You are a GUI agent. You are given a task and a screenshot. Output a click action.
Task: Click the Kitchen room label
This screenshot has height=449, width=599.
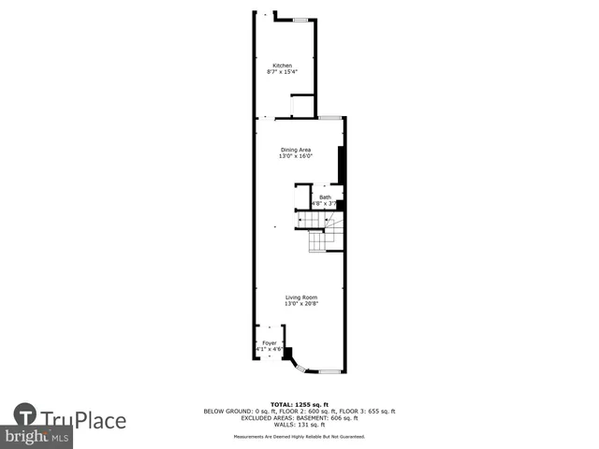282,65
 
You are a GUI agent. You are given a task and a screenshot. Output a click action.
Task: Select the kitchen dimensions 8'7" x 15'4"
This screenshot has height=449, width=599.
282,72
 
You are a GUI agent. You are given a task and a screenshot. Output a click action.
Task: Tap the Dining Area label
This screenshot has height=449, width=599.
296,150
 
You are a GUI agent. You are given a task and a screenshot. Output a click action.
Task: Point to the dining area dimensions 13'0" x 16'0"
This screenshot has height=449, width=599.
296,156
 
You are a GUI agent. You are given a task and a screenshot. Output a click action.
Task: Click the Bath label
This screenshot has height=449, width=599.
325,197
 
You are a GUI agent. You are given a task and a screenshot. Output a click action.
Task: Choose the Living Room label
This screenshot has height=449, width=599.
300,297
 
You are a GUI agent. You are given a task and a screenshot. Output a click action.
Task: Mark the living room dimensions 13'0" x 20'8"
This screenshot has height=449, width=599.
300,304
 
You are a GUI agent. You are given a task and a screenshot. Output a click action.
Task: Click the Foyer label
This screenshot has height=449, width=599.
269,343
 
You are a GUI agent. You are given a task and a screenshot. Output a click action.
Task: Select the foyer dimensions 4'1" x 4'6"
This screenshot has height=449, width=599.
269,350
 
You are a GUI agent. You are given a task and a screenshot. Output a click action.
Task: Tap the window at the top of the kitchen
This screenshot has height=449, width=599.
302,19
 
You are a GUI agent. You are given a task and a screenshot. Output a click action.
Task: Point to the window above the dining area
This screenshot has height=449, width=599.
329,117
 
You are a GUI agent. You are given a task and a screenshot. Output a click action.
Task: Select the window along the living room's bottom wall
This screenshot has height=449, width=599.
329,372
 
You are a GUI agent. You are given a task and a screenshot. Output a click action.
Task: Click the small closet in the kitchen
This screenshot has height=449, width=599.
302,105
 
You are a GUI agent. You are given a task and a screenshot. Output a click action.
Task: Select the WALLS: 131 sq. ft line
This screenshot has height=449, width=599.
299,425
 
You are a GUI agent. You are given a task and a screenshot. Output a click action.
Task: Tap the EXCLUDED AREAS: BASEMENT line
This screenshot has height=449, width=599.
299,418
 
